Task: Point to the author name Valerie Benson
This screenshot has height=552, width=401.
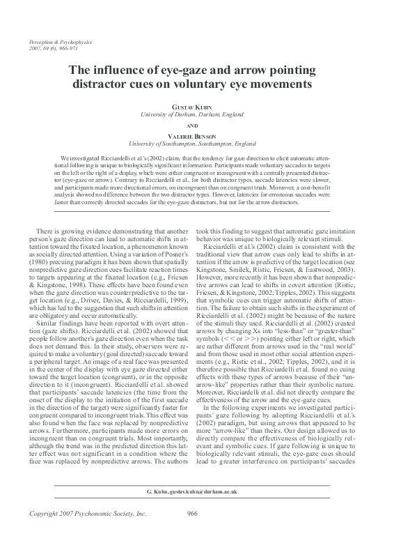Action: (x=200, y=136)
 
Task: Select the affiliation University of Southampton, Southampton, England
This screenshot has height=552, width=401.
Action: (x=200, y=144)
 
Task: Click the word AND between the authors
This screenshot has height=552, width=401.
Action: (x=200, y=126)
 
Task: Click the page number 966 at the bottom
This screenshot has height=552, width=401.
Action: (x=196, y=533)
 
